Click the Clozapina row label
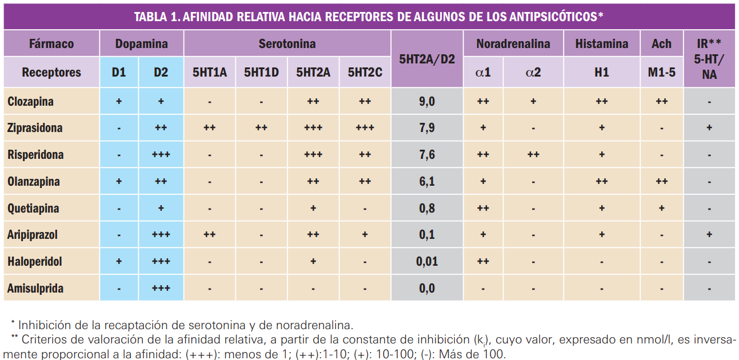[31, 102]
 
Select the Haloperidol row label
[35, 262]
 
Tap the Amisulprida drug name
[35, 289]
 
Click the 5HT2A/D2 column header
[426, 58]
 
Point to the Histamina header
[601, 44]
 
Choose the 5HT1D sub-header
[261, 73]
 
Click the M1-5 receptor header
[661, 73]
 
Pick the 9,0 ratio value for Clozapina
[426, 102]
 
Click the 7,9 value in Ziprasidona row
[426, 128]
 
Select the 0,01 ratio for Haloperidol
[426, 262]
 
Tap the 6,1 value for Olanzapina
[426, 182]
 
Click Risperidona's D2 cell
[161, 155]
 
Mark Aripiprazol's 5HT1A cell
[209, 235]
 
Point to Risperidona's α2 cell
[533, 155]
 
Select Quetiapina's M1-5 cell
[661, 209]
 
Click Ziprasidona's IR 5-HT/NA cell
[709, 128]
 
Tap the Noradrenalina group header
[513, 44]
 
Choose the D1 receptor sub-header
[119, 73]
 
